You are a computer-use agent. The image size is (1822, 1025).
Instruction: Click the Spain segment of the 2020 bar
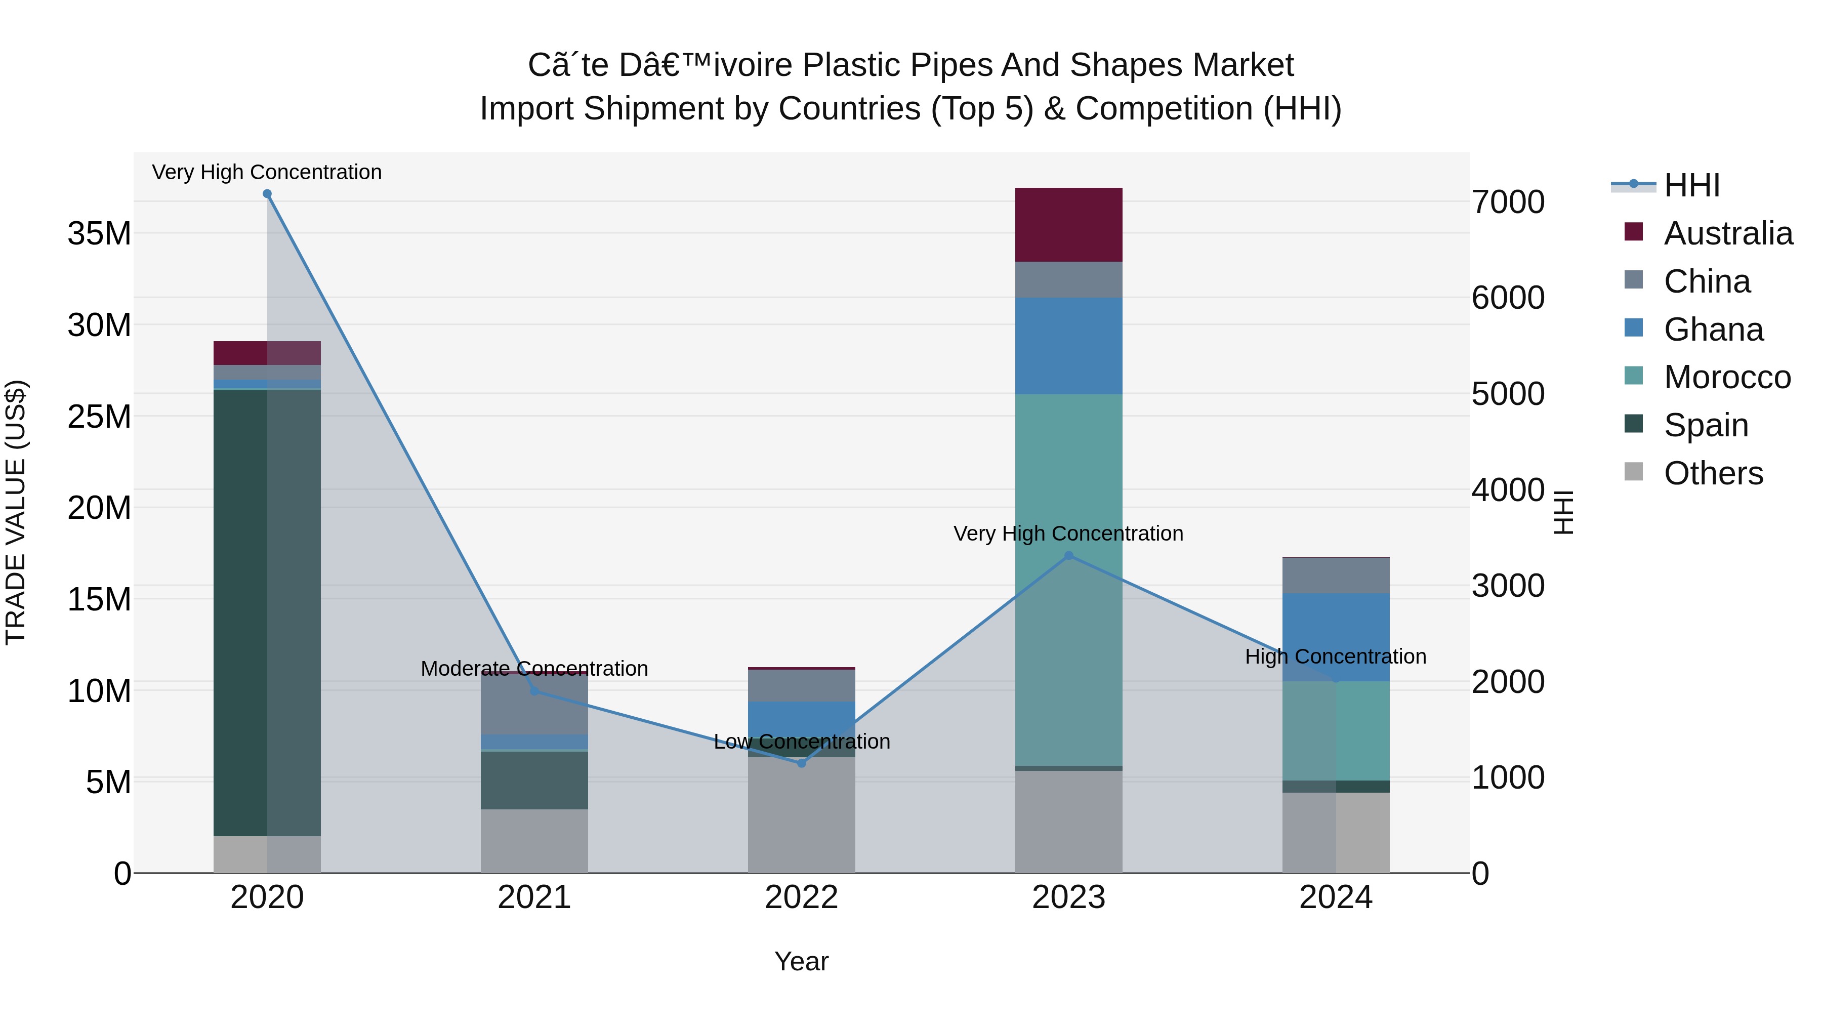(240, 612)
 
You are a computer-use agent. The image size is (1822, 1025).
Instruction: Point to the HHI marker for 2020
(267, 194)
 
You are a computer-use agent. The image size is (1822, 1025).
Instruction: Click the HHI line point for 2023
(1069, 556)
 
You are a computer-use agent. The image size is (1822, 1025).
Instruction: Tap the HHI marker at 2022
(801, 763)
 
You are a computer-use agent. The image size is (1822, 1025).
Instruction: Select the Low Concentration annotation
(801, 742)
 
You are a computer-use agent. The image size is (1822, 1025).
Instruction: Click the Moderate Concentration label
(534, 669)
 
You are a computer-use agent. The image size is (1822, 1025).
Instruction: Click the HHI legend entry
(1690, 185)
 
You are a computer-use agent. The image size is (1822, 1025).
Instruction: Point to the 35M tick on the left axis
(99, 233)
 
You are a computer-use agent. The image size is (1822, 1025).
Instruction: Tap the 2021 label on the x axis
(534, 897)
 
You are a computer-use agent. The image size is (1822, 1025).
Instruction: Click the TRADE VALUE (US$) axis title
(16, 512)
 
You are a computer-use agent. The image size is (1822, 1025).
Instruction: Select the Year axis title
(801, 961)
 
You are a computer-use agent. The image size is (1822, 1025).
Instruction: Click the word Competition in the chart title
(1164, 109)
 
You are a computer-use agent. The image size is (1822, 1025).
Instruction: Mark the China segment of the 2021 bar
(534, 705)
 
